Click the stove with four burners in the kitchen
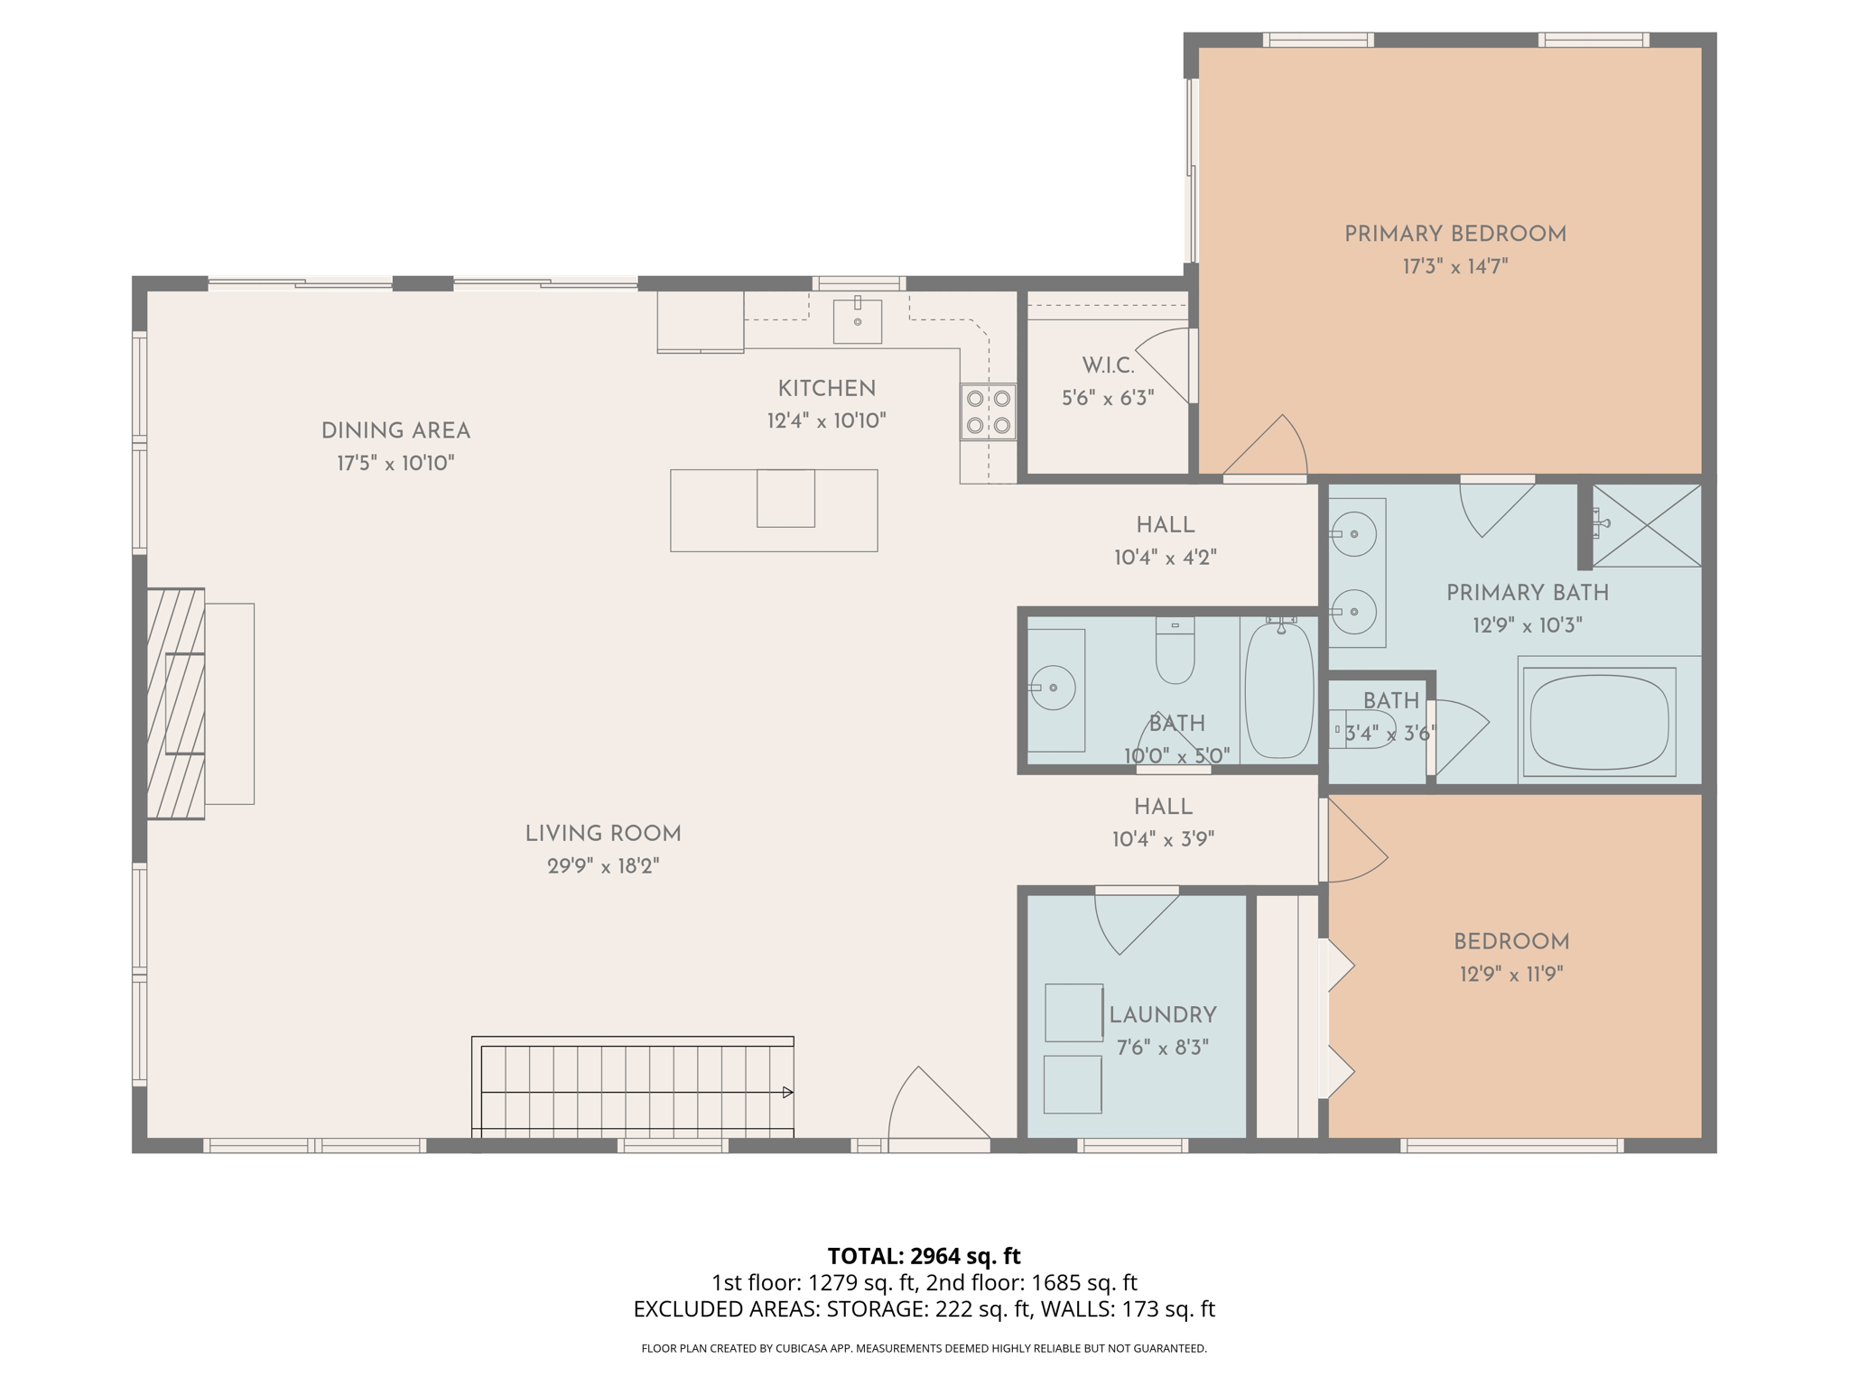(988, 411)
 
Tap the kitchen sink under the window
(857, 321)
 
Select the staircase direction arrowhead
(787, 1093)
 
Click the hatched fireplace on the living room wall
(176, 704)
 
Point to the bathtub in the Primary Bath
(1599, 722)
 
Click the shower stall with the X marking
(1646, 526)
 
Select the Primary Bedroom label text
(1454, 235)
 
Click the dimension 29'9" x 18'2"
(603, 866)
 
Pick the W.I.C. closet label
(1108, 365)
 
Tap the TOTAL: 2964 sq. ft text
(924, 1256)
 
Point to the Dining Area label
(395, 431)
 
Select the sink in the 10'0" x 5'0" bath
(1053, 688)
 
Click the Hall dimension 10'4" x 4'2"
(1165, 558)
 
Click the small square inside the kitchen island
(785, 498)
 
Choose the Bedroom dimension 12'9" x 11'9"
(1511, 975)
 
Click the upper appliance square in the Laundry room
(1073, 1012)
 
